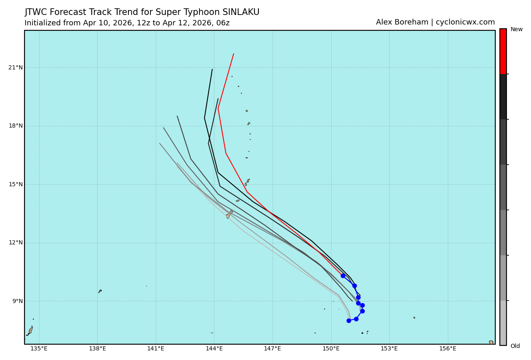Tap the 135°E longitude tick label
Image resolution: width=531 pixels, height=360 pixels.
coord(39,349)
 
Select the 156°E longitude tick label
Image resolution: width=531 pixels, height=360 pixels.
coord(447,349)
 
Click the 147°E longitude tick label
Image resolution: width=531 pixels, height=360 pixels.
coord(273,349)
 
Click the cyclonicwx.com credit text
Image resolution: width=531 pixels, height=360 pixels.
coord(465,22)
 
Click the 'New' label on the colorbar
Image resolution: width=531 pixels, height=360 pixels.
coord(516,30)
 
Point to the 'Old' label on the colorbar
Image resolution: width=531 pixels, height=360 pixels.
coord(515,346)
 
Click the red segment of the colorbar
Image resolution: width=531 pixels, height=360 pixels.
coord(503,51)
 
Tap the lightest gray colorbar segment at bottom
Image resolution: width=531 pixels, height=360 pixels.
coord(503,323)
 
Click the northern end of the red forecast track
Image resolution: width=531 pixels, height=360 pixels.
coord(234,54)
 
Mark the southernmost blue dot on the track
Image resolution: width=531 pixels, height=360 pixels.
coord(349,321)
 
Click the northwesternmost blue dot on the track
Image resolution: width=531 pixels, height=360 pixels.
coord(343,276)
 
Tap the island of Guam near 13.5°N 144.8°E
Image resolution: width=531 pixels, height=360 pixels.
coord(229,214)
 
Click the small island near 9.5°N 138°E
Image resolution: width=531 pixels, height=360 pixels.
coord(100,291)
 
